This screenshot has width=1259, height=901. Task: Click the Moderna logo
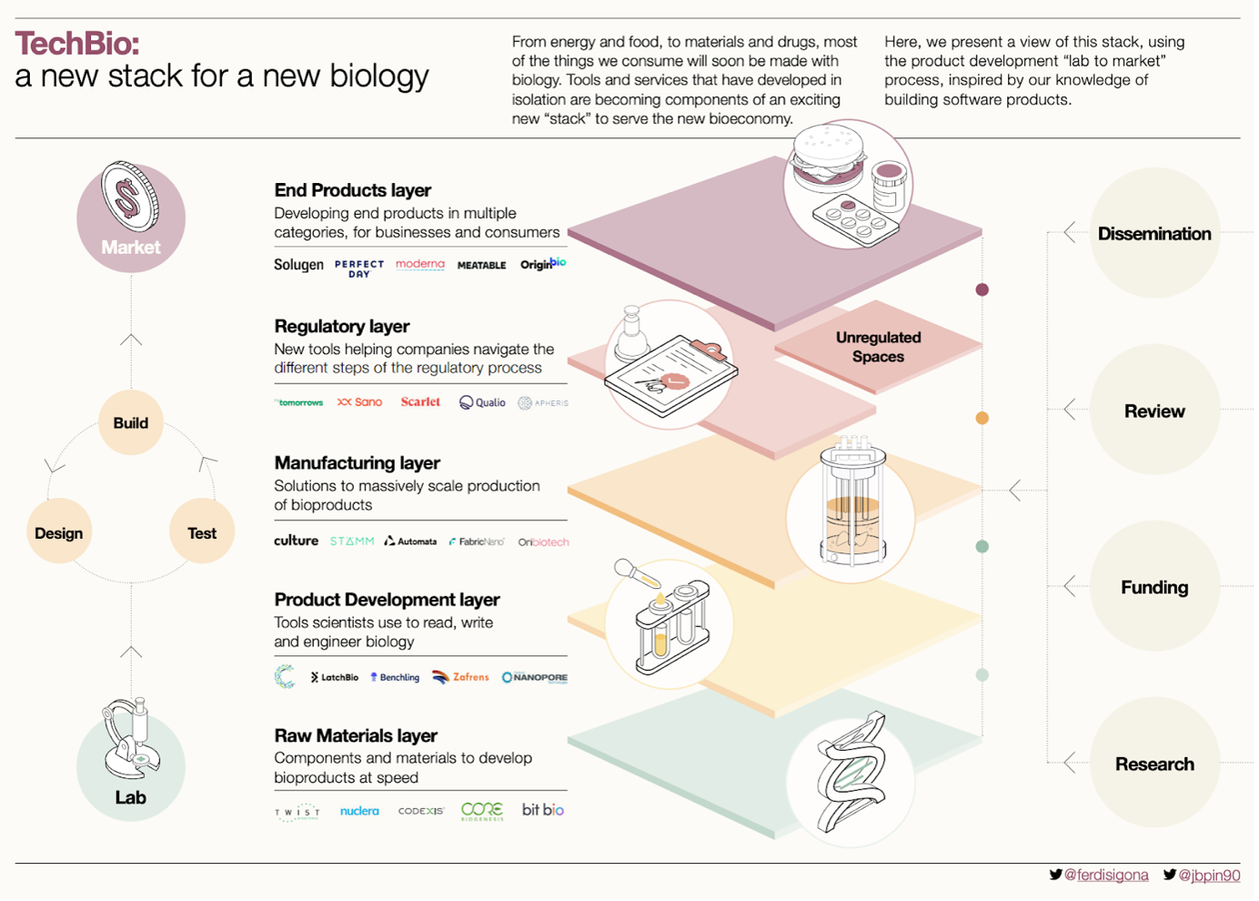pos(420,264)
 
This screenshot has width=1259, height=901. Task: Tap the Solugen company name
pos(298,265)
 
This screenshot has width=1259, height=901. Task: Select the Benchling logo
pos(395,677)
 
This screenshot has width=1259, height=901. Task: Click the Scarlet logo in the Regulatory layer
pos(420,401)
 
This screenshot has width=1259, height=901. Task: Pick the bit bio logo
pos(543,809)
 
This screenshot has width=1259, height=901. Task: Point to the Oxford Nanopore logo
pos(535,677)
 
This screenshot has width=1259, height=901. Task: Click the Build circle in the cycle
pos(131,422)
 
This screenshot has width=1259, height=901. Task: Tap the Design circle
pos(59,532)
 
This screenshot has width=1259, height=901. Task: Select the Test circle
pos(202,532)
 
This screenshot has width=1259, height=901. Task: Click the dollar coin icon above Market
pos(130,196)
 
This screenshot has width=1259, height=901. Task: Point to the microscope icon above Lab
pos(130,737)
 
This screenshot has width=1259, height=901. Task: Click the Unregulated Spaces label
pos(878,347)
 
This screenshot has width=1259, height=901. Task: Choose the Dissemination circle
pos(1154,233)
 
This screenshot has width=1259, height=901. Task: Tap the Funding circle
pos(1154,587)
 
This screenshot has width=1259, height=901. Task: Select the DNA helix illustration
pos(851,774)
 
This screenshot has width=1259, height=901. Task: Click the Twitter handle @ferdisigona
pos(1105,875)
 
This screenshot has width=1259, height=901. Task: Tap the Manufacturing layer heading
pos(358,462)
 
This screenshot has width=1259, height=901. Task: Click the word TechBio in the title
pos(77,44)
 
